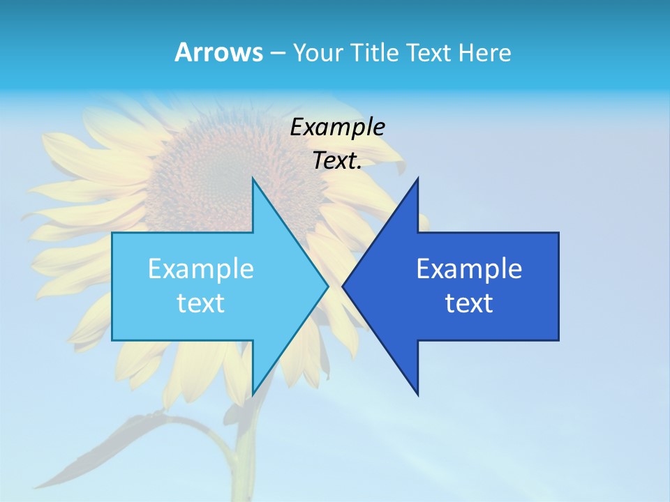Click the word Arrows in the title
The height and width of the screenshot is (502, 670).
[x=218, y=52]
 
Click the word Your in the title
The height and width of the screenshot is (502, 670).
[x=318, y=52]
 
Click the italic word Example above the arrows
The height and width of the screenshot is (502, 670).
[x=337, y=127]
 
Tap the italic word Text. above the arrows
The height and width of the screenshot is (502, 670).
[x=337, y=160]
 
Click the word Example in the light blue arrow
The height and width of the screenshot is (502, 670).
[x=201, y=268]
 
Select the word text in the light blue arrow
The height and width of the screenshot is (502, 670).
[x=201, y=303]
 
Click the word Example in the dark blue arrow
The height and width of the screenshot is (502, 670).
[x=469, y=268]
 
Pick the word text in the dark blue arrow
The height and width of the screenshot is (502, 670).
[x=469, y=303]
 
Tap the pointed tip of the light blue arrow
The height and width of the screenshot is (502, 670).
[x=328, y=286]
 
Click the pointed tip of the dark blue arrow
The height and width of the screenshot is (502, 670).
[x=343, y=286]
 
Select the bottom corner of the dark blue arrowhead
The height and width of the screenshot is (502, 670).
[x=417, y=395]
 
